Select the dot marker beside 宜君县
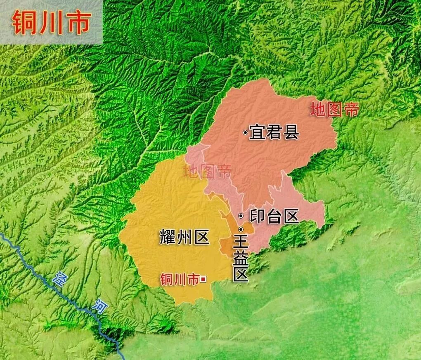click(x=245, y=133)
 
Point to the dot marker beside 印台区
click(x=241, y=215)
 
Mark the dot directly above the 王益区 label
click(x=241, y=229)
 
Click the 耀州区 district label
click(x=184, y=238)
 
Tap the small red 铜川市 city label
click(x=179, y=279)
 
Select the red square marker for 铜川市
click(x=203, y=279)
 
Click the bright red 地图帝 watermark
click(x=334, y=110)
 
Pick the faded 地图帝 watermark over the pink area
click(x=208, y=171)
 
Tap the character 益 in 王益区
click(x=241, y=259)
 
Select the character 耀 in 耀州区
click(x=168, y=238)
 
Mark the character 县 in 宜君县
click(x=291, y=133)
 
